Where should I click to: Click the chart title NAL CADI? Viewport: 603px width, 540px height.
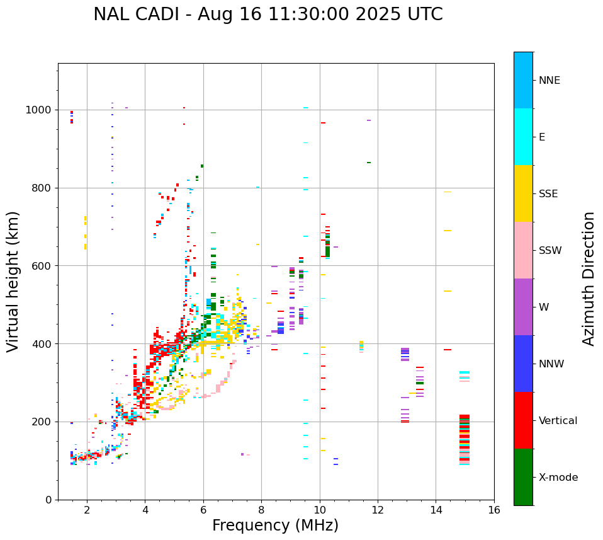tap(268, 14)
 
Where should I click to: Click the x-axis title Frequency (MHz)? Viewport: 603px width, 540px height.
tap(275, 526)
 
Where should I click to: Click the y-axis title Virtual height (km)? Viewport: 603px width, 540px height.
tap(13, 281)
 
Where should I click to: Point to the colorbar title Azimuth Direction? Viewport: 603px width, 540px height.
tap(589, 279)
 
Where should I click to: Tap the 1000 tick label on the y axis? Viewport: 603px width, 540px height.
tap(39, 110)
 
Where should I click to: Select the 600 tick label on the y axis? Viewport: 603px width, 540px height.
tap(42, 266)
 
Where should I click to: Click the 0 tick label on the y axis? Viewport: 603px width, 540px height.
tap(48, 500)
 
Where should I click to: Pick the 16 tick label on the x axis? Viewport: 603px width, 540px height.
tap(494, 510)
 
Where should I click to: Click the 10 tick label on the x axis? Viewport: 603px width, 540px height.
tap(320, 510)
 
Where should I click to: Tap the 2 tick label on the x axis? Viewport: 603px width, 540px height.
tap(87, 510)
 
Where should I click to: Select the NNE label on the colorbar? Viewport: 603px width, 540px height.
tap(549, 81)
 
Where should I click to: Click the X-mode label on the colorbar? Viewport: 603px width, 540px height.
tap(558, 478)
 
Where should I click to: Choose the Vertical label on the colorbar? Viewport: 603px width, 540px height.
tap(558, 421)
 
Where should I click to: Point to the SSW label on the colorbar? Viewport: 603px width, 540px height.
tap(550, 251)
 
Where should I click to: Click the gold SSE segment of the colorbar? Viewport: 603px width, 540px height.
tap(523, 193)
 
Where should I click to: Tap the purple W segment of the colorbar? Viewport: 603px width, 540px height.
tap(523, 307)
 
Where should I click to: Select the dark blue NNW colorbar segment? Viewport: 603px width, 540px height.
tap(523, 364)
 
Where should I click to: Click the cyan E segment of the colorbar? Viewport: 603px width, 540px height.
tap(523, 137)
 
